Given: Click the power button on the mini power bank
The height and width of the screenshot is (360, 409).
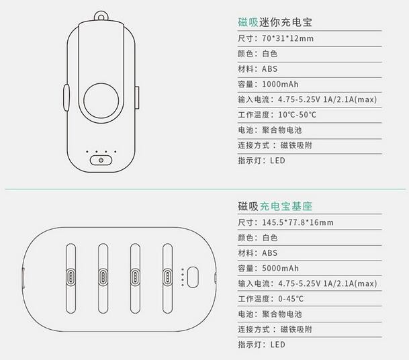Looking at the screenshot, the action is (101, 160).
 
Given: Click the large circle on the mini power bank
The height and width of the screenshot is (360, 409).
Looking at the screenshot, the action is (101, 101).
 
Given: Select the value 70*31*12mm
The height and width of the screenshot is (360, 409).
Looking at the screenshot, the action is (287, 38).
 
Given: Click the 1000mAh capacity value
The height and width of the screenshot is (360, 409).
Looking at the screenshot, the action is (280, 84).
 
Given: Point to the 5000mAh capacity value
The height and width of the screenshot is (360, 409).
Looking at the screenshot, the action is (280, 268).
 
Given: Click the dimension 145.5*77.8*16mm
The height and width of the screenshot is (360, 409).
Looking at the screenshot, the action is (298, 222).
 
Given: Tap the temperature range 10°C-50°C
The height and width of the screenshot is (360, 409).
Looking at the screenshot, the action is (297, 115).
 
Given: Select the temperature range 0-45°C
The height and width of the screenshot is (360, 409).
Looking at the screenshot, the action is (291, 299).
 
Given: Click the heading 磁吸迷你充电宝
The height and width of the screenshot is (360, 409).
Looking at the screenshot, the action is (275, 22).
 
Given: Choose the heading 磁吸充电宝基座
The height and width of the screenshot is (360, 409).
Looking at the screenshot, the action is (275, 206).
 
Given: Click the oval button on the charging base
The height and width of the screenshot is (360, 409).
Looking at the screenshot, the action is (193, 277).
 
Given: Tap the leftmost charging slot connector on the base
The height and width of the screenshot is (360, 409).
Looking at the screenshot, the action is (71, 277).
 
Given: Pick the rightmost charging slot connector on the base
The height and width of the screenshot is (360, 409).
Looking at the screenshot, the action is (167, 277).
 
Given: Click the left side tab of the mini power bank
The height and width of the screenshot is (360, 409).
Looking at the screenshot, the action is (66, 97).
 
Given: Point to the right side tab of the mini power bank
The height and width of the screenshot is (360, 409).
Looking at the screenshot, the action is (137, 97).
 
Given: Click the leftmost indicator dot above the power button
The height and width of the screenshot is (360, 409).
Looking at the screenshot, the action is (87, 152).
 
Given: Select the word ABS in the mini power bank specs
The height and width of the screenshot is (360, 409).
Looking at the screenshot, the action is (269, 69).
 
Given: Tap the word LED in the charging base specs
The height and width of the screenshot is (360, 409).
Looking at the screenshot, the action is (277, 345).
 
